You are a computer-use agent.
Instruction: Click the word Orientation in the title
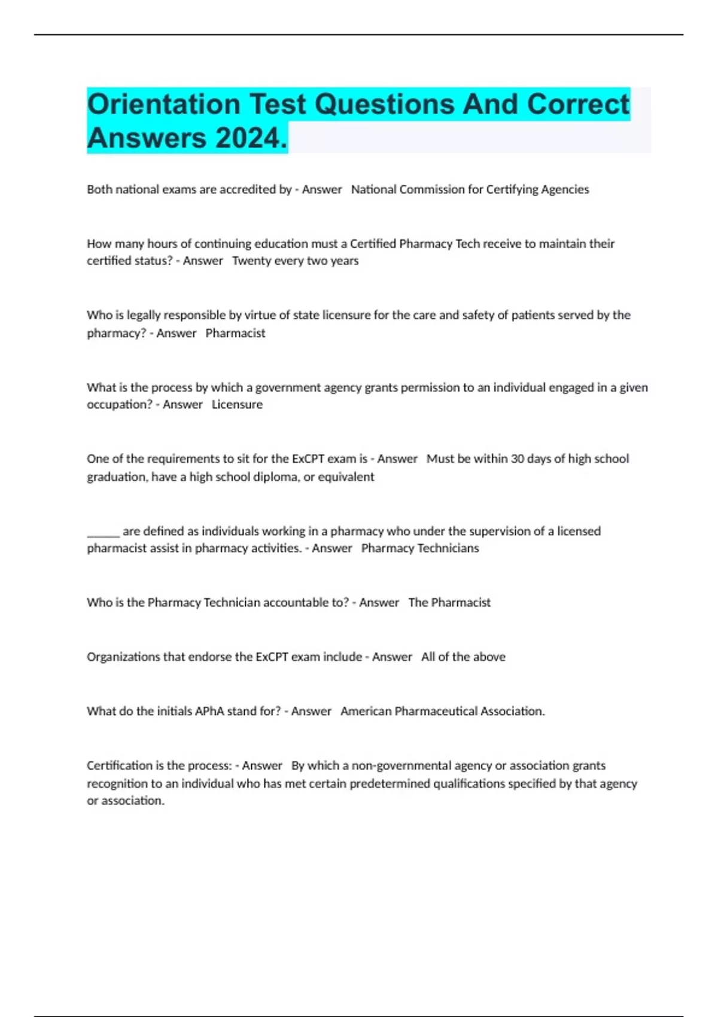[x=163, y=105]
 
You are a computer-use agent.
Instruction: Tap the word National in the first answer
[x=373, y=190]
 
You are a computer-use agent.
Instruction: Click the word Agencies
[x=565, y=190]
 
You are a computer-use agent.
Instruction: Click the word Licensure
[x=237, y=404]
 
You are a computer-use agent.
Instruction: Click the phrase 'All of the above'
[x=463, y=657]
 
